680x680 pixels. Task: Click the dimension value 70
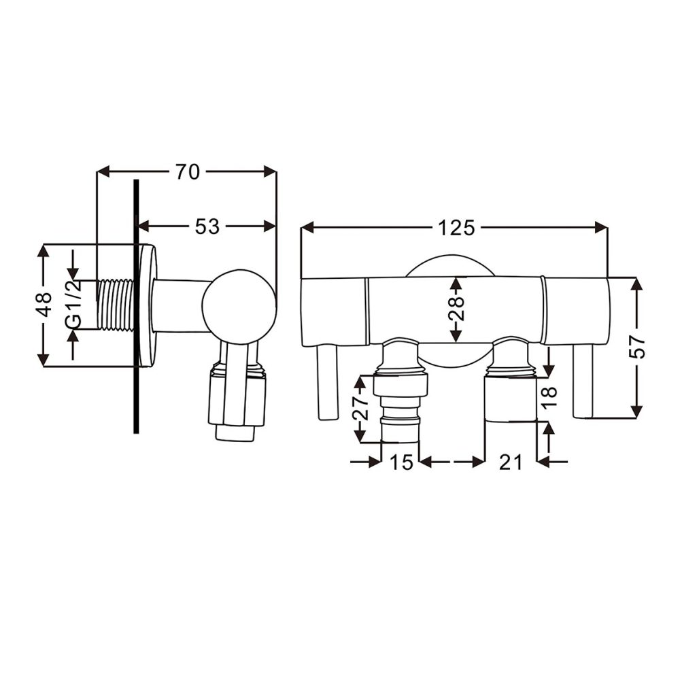tap(187, 173)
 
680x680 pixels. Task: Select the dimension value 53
tap(207, 226)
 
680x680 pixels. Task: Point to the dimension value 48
tap(44, 305)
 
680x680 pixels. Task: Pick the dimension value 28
tap(456, 309)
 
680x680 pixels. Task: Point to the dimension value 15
tap(401, 462)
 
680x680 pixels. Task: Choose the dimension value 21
tap(510, 462)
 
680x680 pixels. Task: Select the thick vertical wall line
tap(137, 306)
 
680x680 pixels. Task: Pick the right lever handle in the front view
tap(583, 381)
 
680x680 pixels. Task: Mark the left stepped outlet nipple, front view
tap(400, 405)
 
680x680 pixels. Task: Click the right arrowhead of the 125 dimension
tap(601, 228)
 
